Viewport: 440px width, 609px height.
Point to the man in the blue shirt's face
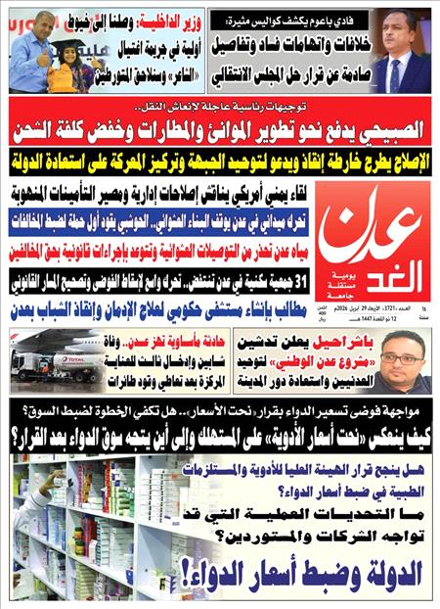click(23, 33)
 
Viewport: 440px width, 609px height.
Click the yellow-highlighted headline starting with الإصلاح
click(220, 159)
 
